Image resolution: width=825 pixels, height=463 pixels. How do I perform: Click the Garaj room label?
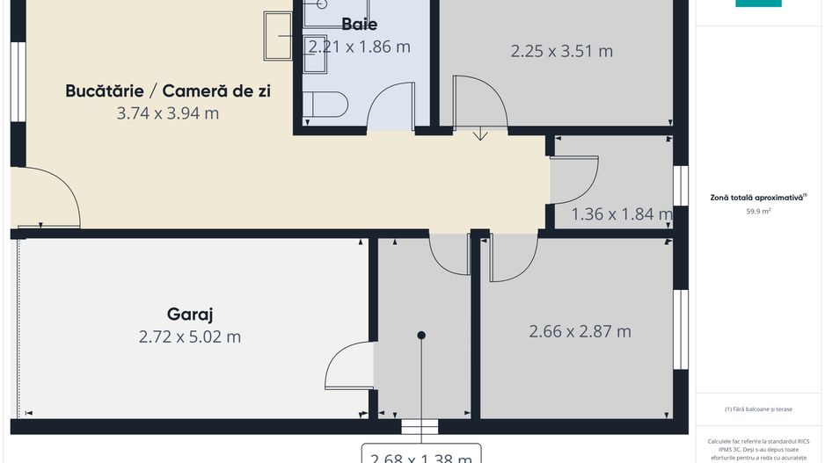(190, 314)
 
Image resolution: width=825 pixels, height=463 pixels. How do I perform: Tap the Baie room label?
(359, 24)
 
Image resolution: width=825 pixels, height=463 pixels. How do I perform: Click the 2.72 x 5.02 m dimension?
(190, 336)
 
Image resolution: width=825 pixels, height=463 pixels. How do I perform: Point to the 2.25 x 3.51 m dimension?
(562, 51)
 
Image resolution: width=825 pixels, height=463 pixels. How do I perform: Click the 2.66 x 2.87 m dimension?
(580, 331)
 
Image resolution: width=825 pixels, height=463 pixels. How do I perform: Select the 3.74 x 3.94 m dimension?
(168, 113)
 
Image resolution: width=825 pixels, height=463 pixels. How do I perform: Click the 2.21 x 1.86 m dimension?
(359, 47)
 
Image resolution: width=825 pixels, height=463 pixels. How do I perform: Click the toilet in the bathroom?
(325, 105)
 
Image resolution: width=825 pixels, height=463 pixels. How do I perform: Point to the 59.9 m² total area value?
(757, 212)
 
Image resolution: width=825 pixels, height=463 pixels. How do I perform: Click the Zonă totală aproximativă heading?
(757, 199)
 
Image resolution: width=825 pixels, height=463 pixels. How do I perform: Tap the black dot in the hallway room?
(421, 336)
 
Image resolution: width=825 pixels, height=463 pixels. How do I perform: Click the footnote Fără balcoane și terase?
(758, 409)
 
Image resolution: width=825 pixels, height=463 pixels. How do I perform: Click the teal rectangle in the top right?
(758, 3)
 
